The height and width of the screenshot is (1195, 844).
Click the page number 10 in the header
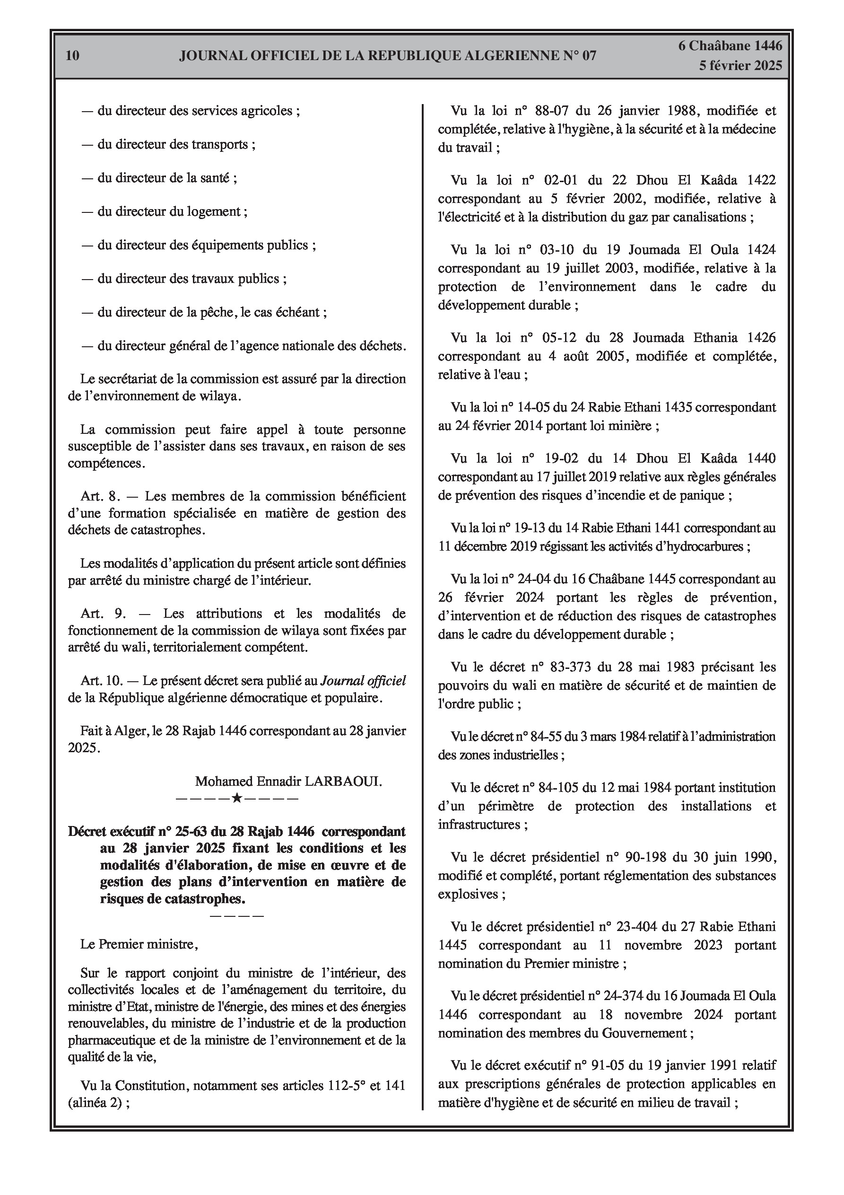pyautogui.click(x=73, y=56)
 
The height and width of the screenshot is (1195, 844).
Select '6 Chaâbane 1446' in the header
pyautogui.click(x=730, y=46)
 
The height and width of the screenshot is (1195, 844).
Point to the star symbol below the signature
pyautogui.click(x=236, y=798)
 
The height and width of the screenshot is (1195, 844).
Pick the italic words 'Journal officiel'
pyautogui.click(x=363, y=680)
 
